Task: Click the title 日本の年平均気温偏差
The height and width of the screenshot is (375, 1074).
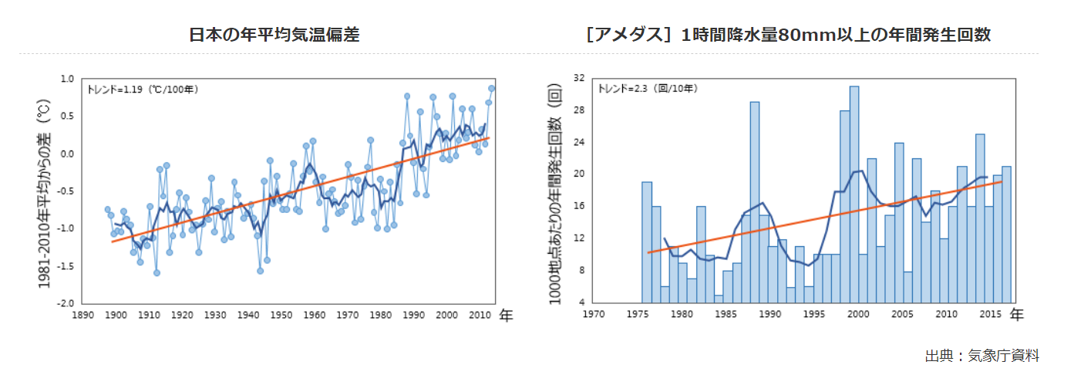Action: click(274, 35)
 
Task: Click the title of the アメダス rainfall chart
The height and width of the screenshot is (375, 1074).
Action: click(788, 35)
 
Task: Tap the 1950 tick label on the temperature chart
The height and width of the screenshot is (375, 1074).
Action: click(281, 315)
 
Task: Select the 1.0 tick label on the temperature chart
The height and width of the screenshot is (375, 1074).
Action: click(67, 79)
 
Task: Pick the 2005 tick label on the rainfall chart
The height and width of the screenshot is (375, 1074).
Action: click(902, 314)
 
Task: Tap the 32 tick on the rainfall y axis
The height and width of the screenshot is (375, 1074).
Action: click(579, 78)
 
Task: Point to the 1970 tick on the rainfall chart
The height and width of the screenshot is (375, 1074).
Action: click(594, 314)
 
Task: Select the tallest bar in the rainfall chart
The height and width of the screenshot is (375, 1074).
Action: click(854, 194)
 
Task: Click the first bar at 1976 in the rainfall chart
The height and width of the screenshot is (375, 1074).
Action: click(647, 242)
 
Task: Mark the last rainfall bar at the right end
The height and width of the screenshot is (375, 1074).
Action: click(1006, 235)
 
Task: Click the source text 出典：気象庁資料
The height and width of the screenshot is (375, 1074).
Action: click(982, 356)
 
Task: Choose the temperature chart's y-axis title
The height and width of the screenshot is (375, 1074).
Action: click(44, 194)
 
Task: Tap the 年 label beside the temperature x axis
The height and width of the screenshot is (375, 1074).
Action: click(507, 315)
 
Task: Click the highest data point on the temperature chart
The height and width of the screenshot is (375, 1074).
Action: click(491, 88)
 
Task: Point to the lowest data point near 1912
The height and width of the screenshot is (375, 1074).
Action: click(157, 273)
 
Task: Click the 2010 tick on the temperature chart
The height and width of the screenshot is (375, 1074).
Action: click(480, 315)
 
